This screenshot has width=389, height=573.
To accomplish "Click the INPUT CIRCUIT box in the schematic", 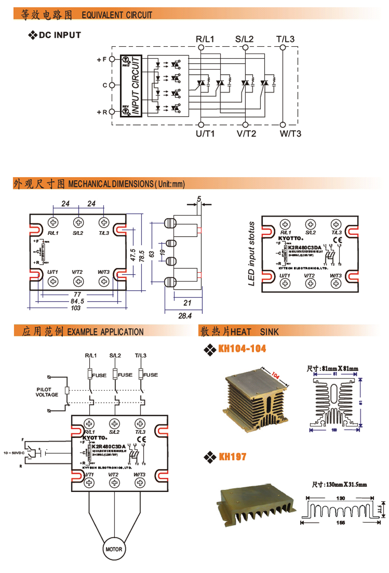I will (x=131, y=86).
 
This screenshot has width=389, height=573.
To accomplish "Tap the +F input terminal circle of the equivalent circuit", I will (x=111, y=59).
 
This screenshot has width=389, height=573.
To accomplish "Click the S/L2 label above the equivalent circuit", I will (x=244, y=39).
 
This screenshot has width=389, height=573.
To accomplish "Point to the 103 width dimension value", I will (x=76, y=308).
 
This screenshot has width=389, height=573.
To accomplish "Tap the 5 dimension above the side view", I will (x=199, y=199).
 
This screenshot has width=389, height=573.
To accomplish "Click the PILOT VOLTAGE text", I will (x=47, y=392).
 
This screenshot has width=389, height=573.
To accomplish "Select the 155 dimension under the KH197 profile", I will (x=340, y=522).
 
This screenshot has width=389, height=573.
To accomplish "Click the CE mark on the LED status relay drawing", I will (x=335, y=240).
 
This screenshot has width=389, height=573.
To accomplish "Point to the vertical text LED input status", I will (x=251, y=254).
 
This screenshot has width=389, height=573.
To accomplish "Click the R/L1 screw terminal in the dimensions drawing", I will (x=54, y=222).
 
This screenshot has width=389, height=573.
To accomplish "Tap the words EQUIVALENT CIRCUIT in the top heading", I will (x=117, y=15).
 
